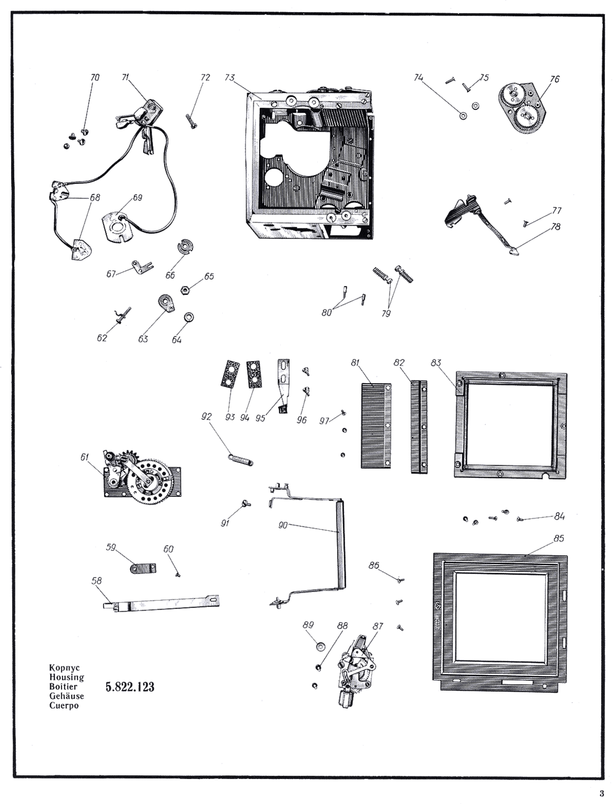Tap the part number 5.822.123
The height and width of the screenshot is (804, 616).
(130, 687)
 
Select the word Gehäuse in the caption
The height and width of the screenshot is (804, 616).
(66, 696)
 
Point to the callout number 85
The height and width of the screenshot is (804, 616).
(559, 538)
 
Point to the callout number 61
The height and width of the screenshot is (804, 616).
(85, 457)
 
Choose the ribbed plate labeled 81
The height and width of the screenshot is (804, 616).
(376, 426)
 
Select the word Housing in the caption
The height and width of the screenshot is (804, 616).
(66, 677)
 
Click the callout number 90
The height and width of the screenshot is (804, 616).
(283, 526)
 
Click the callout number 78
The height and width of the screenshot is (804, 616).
(556, 227)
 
